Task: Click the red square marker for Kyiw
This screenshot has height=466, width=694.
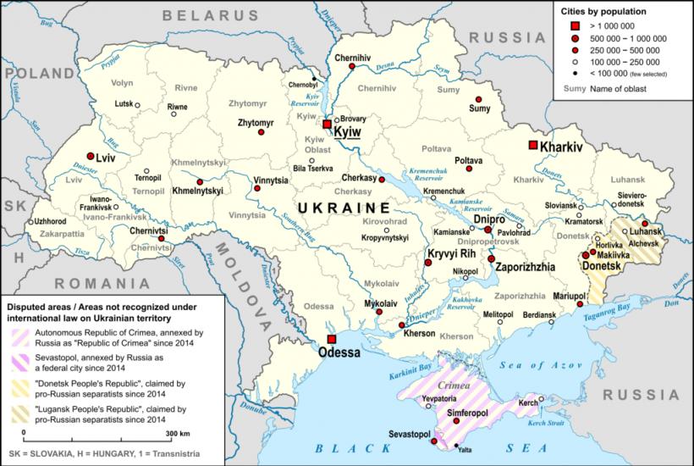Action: [327, 124]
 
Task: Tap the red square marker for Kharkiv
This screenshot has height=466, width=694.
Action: [533, 146]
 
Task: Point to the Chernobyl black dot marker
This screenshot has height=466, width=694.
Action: [314, 79]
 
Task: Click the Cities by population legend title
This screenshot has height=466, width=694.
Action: [603, 12]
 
